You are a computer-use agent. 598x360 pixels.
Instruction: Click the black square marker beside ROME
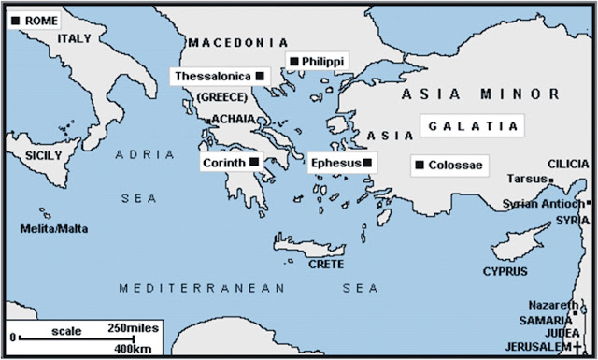(14, 19)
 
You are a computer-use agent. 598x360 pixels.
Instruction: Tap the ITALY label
(75, 38)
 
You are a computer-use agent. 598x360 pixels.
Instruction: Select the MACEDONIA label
(237, 43)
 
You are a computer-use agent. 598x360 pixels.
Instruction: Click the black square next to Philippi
(294, 61)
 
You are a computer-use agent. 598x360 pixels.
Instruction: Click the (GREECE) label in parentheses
(221, 97)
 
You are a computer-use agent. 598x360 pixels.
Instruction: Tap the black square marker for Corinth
(254, 162)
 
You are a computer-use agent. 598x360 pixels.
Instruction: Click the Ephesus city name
(337, 163)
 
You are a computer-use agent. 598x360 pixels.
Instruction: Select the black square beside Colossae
(420, 166)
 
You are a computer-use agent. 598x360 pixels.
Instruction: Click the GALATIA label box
(472, 125)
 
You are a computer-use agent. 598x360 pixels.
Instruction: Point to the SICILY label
(43, 155)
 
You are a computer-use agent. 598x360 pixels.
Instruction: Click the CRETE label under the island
(326, 264)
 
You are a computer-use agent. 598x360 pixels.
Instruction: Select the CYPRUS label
(505, 271)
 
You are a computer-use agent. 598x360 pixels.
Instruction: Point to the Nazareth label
(544, 306)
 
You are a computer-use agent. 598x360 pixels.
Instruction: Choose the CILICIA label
(569, 163)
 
